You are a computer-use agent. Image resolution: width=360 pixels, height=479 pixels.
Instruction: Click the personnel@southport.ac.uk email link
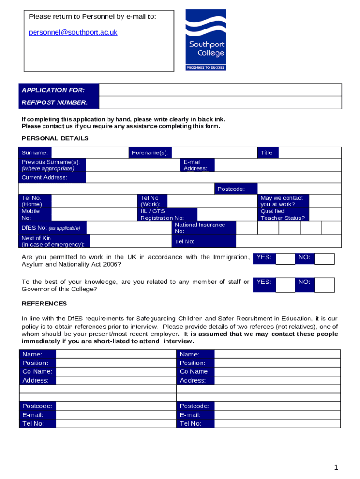tap(73, 32)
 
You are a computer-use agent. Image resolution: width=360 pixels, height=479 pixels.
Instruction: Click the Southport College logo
tap(206, 40)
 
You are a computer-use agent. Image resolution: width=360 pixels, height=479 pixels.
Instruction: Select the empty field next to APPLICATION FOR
tap(220, 90)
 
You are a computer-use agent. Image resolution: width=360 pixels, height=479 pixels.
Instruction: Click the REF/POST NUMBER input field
tap(220, 102)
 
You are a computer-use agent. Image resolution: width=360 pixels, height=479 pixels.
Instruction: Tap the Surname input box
tap(89, 152)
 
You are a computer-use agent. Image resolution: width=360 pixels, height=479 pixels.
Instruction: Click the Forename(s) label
tap(150, 152)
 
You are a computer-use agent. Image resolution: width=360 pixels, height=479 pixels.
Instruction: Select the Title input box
tap(310, 152)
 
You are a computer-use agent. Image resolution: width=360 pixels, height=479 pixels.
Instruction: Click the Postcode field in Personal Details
tap(299, 189)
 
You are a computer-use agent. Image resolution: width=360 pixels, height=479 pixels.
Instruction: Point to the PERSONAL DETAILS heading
tap(55, 138)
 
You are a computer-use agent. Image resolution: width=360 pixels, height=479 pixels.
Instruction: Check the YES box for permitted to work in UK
tap(285, 259)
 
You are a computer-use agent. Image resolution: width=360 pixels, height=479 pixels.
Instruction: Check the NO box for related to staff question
tap(324, 285)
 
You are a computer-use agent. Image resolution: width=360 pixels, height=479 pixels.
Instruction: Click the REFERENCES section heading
tap(44, 304)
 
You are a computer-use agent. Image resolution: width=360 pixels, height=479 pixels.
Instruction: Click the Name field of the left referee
tap(116, 354)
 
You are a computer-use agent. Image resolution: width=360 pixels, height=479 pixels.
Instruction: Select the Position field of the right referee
tap(277, 363)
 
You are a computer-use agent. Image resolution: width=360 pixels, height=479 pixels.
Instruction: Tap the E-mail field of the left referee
tap(116, 415)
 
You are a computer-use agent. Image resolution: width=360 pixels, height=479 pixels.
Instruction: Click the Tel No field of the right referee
tap(277, 423)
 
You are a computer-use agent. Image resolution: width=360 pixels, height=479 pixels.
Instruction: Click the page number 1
tap(336, 467)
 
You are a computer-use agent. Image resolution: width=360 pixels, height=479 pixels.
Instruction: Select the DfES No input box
tap(129, 228)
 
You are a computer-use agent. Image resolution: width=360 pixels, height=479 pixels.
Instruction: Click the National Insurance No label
tap(200, 228)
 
